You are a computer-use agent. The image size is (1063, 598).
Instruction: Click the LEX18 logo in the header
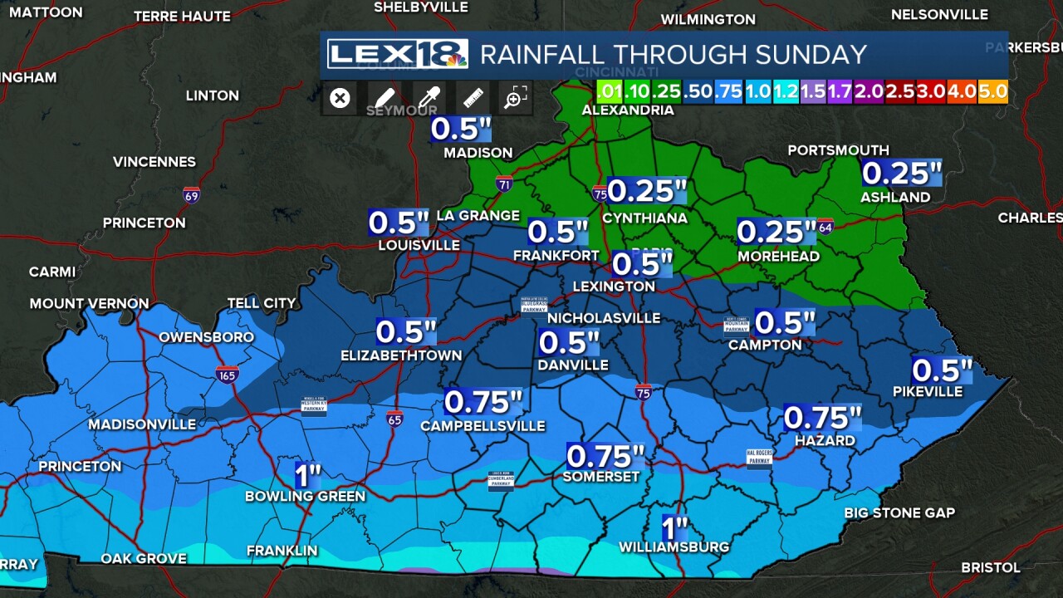coord(397,54)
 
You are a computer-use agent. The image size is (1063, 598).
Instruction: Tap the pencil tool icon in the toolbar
coord(383,98)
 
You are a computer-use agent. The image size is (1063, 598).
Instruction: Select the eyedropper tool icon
coord(428,98)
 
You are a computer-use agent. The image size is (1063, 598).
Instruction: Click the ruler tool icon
coord(473,98)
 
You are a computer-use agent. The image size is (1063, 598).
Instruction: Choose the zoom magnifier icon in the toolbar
coord(515,98)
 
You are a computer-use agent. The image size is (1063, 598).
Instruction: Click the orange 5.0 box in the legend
coord(993,91)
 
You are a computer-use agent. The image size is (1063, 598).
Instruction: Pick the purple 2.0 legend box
coord(869,91)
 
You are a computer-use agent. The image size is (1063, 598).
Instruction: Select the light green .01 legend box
coord(610,91)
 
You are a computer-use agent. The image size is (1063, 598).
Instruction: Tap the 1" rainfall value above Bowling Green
coord(308,476)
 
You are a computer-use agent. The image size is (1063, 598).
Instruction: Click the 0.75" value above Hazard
coord(822,418)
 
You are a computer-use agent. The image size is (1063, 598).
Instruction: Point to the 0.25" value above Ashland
coord(901,174)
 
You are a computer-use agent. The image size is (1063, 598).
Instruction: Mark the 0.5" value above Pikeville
coord(942,370)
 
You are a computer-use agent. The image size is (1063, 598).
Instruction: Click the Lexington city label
coord(614,287)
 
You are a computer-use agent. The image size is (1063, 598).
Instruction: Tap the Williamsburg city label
coord(674,547)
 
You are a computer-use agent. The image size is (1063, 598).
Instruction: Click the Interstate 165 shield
coord(227,375)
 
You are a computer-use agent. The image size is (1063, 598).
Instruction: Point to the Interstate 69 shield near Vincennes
coord(192,195)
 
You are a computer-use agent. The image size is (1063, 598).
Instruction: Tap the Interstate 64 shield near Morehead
coord(825,227)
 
